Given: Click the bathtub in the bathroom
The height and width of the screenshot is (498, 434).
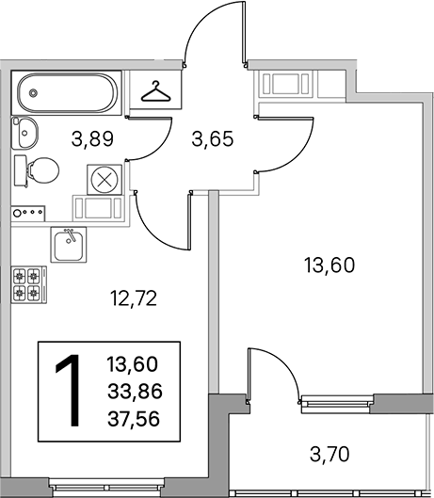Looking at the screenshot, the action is (67, 93).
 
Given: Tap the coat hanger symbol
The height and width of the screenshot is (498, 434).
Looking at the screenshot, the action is (155, 91).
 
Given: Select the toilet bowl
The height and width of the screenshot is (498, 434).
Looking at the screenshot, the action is (43, 170).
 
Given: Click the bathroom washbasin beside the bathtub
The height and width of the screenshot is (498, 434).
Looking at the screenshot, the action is (24, 133).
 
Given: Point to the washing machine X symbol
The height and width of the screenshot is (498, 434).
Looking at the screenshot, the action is (104, 180).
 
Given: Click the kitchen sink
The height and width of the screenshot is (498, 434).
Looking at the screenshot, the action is (69, 245).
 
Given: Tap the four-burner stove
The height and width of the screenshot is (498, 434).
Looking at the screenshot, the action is (29, 284).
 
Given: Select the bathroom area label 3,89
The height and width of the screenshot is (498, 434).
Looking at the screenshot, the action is (92, 139).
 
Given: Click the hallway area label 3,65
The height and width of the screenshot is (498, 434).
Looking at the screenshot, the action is (213, 139).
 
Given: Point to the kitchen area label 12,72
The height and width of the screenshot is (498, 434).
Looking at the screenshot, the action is (134, 298).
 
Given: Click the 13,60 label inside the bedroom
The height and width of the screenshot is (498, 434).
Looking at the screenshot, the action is (330, 265).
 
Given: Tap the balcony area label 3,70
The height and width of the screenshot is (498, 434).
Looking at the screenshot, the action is (330, 454).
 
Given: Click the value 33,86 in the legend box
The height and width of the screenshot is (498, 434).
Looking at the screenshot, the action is (135, 391).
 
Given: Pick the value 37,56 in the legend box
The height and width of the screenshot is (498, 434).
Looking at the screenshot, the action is (134, 419).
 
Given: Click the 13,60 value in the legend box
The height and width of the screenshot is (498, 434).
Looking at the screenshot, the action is (133, 364).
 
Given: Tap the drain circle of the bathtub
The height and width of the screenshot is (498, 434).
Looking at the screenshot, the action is (33, 93).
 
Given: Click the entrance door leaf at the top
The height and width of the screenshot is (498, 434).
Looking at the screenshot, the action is (244, 33).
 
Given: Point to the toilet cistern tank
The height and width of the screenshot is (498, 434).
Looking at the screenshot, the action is (21, 170).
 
